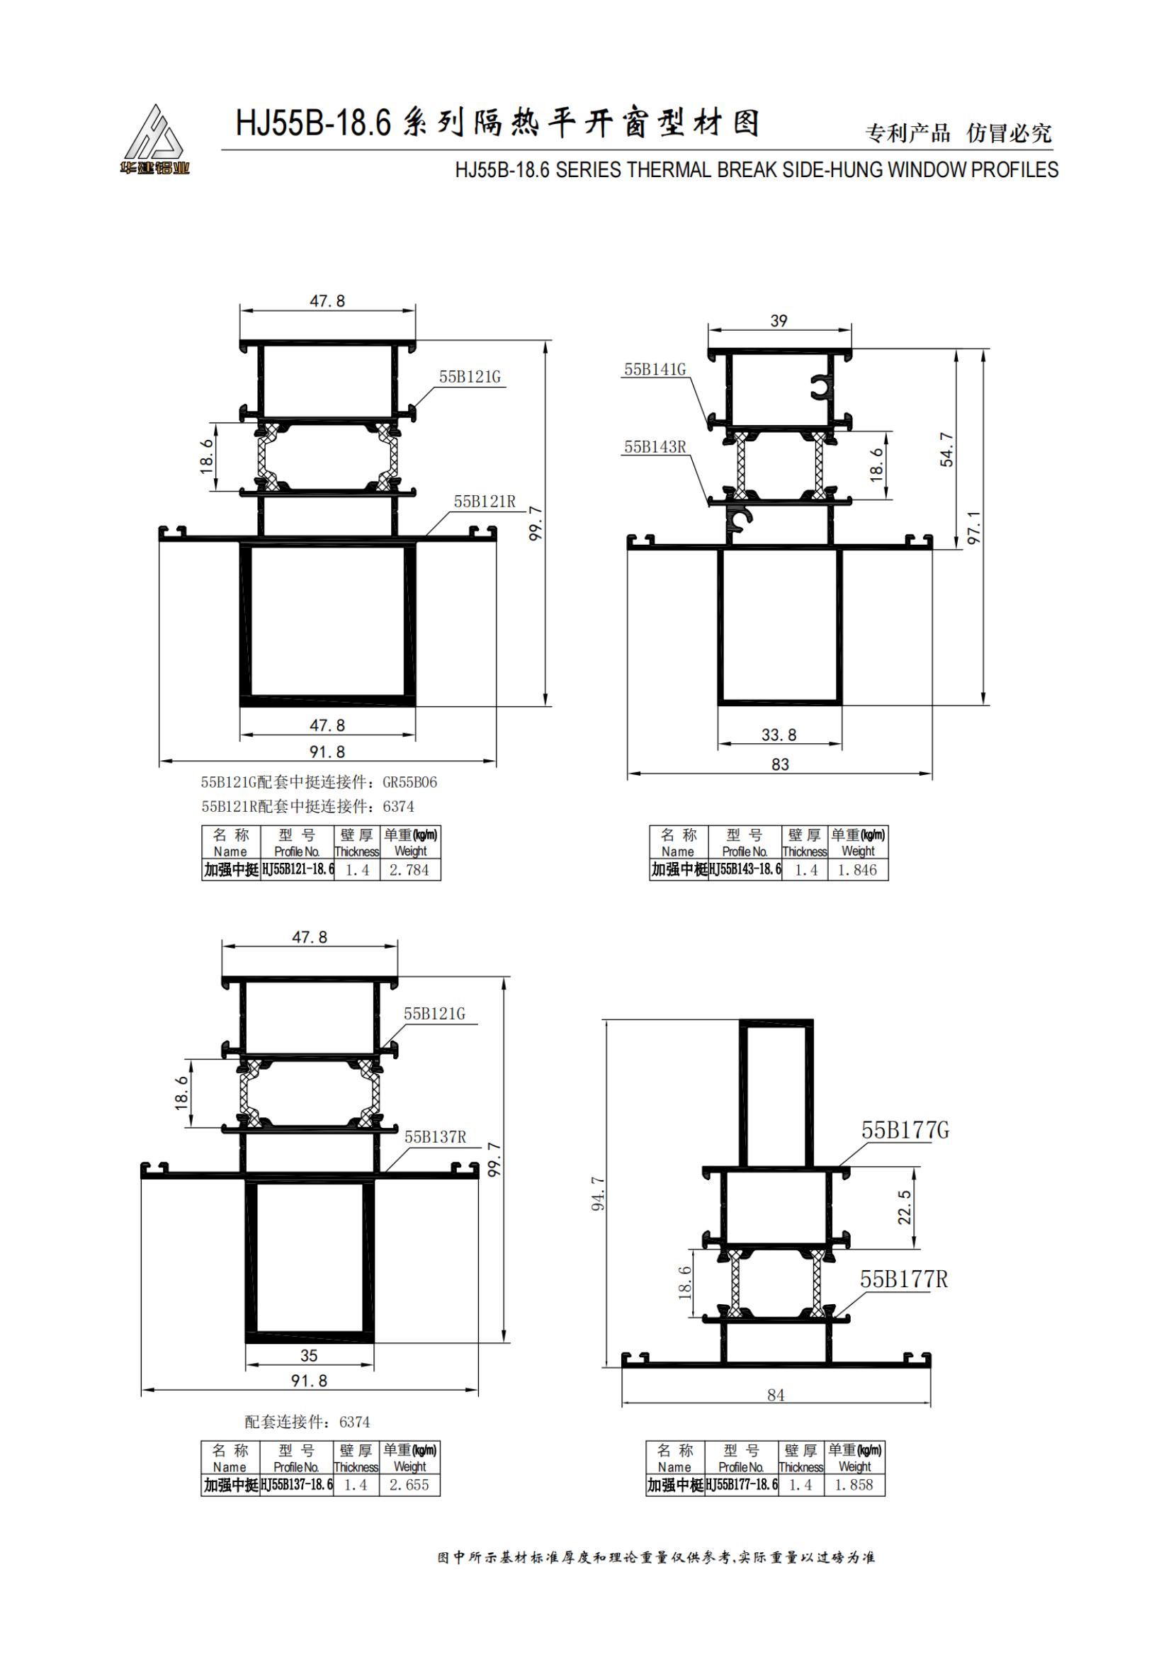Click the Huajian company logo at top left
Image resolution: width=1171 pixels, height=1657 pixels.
pos(154,140)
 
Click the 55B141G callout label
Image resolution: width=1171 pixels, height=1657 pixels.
pos(655,370)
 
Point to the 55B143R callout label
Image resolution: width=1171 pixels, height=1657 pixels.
pos(655,447)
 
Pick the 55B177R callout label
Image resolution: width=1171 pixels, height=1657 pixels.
pos(904,1279)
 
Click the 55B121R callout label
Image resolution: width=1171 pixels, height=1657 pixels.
pos(485,501)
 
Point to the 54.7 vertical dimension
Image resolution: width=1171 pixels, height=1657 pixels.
pos(946,450)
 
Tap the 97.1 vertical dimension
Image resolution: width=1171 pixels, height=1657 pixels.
pos(974,528)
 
